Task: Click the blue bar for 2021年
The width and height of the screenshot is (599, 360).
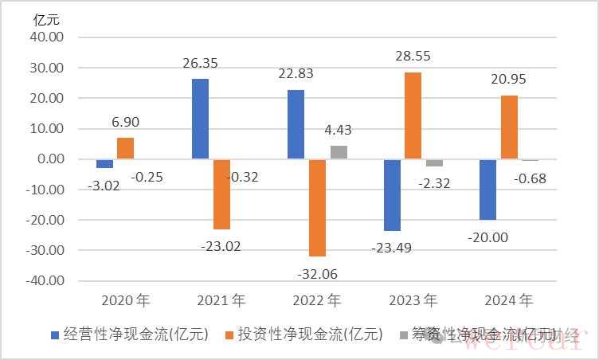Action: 200,119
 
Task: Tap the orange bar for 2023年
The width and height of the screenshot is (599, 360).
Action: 413,115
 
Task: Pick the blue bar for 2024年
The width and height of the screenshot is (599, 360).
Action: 487,189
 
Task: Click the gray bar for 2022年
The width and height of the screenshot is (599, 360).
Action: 339,152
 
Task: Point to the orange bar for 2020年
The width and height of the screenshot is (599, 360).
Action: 125,148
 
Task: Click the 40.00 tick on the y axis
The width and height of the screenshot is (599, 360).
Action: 50,38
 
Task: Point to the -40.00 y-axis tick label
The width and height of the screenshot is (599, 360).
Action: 47,281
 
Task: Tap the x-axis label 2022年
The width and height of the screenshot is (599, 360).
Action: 316,301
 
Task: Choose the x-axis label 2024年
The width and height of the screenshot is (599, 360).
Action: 507,301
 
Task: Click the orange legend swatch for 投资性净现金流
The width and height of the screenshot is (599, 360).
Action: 229,335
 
